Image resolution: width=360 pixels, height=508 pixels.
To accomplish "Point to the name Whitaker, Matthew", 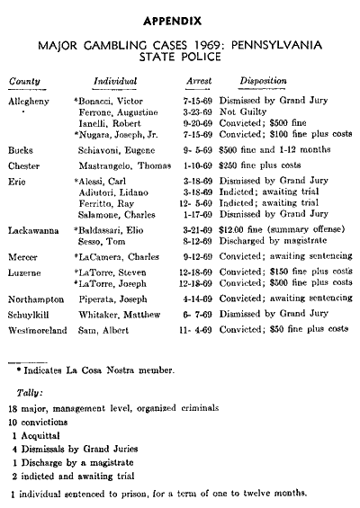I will pos(125,315).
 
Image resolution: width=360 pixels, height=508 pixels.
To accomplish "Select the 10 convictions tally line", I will pos(47,423).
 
